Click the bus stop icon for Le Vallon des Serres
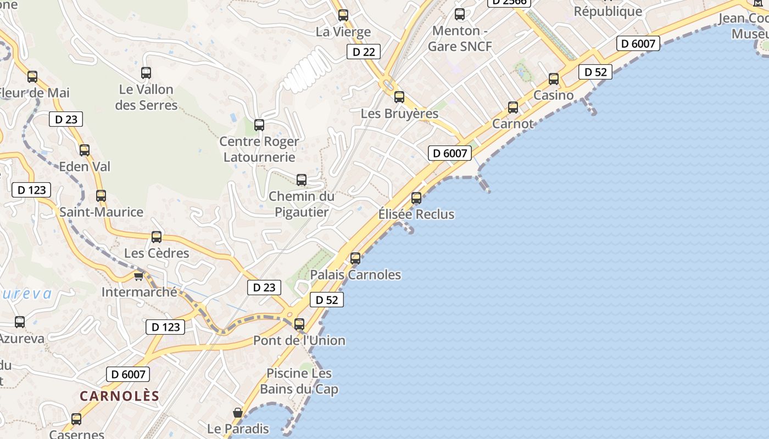click(x=146, y=72)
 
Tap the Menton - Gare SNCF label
click(x=460, y=38)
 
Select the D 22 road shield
click(x=364, y=52)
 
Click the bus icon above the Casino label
click(x=554, y=79)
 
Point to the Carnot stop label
click(x=512, y=123)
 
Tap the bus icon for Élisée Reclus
click(x=416, y=198)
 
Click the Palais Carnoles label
click(x=355, y=274)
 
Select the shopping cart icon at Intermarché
click(x=138, y=275)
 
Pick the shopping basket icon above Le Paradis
click(x=238, y=413)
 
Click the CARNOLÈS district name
click(x=120, y=396)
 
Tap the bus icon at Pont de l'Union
click(x=299, y=324)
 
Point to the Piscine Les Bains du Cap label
click(x=299, y=381)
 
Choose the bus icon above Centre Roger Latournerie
click(x=259, y=125)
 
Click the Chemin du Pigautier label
click(x=302, y=204)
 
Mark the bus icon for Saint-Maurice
click(x=101, y=196)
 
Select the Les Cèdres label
click(x=157, y=253)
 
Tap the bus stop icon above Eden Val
click(x=85, y=150)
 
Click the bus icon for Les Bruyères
click(x=399, y=97)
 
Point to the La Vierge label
click(x=343, y=32)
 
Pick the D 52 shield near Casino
click(x=595, y=72)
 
